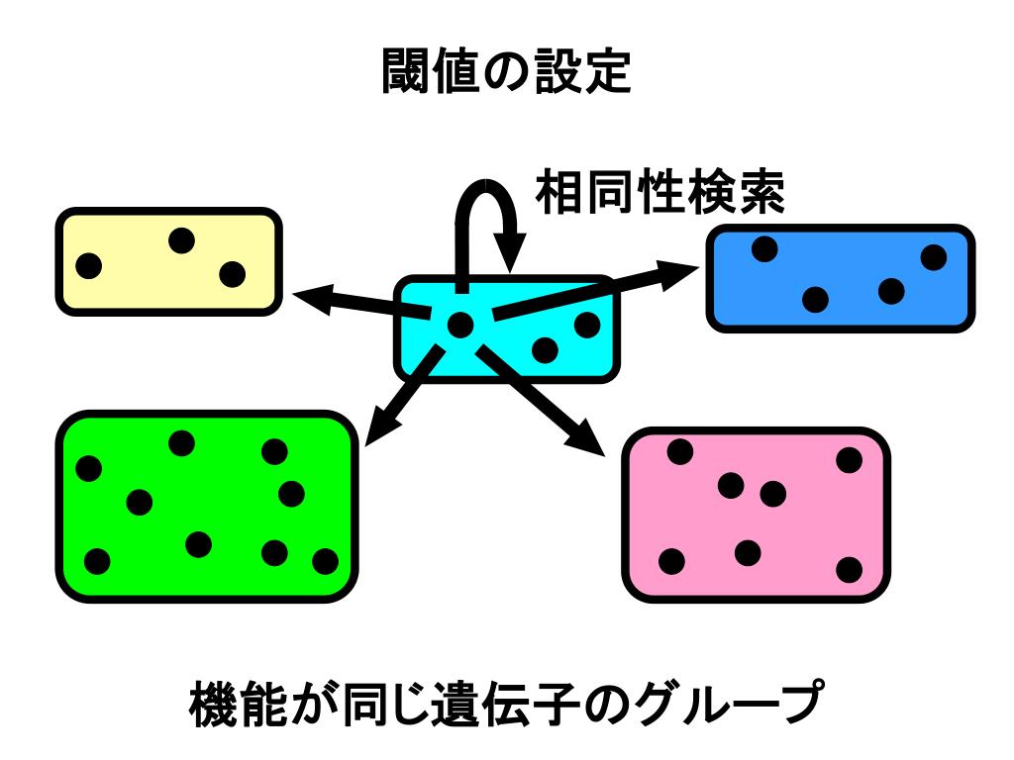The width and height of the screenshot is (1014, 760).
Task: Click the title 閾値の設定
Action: point(506,71)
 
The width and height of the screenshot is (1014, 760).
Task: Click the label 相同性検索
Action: point(660,192)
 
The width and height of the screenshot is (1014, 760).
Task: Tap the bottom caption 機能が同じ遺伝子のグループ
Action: point(506,704)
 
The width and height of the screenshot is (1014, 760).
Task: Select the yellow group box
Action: point(168,262)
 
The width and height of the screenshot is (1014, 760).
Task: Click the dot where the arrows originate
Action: point(460,324)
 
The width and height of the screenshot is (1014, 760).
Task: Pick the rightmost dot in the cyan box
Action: point(587,325)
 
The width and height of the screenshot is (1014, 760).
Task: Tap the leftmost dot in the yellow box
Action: point(89,265)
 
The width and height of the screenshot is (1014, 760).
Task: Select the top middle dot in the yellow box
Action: point(181,240)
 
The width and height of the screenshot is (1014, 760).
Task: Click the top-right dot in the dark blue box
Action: point(934,257)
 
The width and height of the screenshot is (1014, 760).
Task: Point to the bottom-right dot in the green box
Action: point(325,561)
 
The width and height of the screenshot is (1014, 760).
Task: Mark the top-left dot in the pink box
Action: point(680,452)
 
